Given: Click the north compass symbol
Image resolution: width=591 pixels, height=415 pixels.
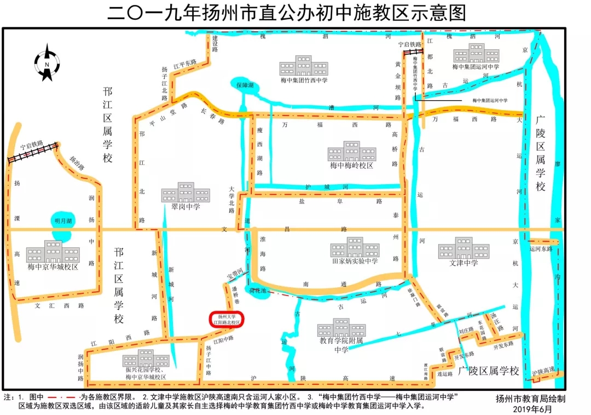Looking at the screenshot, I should [48, 63].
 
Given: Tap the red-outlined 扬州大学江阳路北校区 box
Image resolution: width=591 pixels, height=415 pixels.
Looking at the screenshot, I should [227, 320].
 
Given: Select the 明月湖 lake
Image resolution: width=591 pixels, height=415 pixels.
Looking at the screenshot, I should [62, 221].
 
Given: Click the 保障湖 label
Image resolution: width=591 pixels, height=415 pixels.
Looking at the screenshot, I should [245, 86].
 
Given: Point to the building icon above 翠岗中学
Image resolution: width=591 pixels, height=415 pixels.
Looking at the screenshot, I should [186, 192].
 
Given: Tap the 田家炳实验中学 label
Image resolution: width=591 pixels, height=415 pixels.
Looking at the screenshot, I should [355, 261].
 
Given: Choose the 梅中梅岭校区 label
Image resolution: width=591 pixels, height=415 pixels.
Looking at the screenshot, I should [351, 165].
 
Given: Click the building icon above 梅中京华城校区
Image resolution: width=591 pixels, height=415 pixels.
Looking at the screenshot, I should [53, 252].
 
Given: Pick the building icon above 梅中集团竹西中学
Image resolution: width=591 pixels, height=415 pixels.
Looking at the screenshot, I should [304, 66].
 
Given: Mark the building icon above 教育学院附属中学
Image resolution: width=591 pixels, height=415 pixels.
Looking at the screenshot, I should [341, 328].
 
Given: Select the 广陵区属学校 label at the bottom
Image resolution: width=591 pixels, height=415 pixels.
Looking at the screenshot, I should [489, 371].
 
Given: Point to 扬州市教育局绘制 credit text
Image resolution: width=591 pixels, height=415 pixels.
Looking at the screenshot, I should [530, 399].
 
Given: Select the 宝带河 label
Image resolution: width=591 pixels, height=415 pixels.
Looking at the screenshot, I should [237, 272].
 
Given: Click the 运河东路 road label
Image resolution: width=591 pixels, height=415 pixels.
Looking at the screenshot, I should [541, 248].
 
